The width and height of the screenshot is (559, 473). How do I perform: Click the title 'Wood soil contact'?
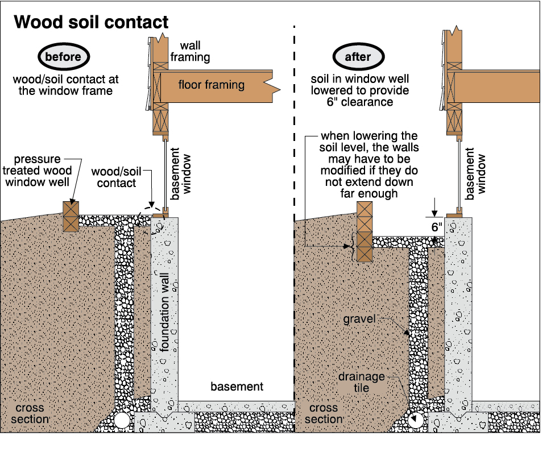coord(91,22)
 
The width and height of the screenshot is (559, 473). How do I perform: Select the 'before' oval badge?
coord(63,57)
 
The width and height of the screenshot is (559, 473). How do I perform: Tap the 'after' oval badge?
coord(358,57)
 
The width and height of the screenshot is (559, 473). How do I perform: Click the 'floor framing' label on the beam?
coord(211,85)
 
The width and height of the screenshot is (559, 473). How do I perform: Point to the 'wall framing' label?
coord(194,51)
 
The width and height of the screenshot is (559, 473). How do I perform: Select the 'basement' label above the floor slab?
coord(237,387)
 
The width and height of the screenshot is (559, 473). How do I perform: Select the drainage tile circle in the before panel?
coord(122,421)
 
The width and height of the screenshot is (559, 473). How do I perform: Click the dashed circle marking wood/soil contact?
coord(152,221)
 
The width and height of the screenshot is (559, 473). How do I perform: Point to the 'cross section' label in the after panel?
coord(325,414)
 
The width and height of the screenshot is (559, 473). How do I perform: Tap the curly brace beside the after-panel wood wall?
coord(352,247)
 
